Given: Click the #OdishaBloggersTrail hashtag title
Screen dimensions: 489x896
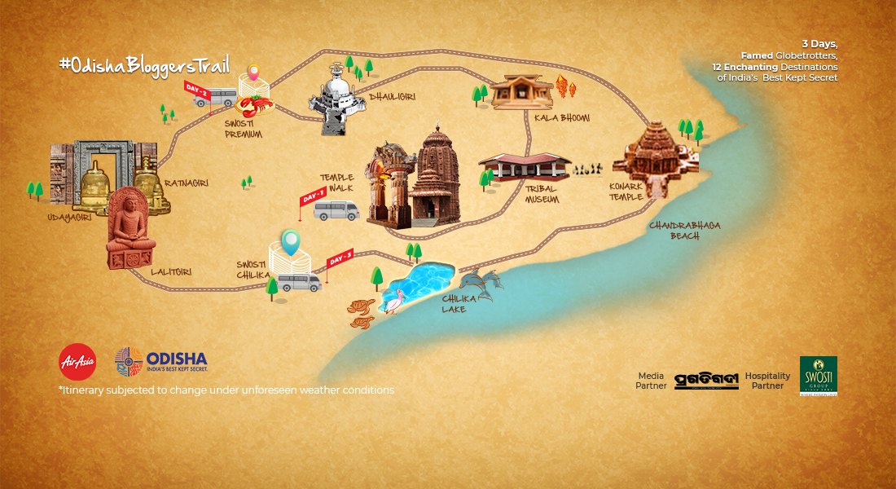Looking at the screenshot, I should pyautogui.click(x=144, y=65).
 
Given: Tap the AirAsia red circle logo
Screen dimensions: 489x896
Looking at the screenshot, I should pyautogui.click(x=77, y=362).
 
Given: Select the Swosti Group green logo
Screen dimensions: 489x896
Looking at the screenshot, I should pyautogui.click(x=818, y=375).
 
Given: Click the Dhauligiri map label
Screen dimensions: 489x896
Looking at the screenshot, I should pyautogui.click(x=393, y=97).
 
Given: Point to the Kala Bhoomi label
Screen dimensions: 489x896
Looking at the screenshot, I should pyautogui.click(x=561, y=118).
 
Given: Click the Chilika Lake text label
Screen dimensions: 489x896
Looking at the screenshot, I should pyautogui.click(x=454, y=304).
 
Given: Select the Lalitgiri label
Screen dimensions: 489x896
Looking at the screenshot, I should pyautogui.click(x=171, y=271).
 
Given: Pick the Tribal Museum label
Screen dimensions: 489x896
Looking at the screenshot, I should pyautogui.click(x=542, y=194).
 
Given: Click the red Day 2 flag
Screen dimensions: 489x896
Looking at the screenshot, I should pyautogui.click(x=198, y=92).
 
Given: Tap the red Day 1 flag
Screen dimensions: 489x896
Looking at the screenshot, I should pyautogui.click(x=314, y=198).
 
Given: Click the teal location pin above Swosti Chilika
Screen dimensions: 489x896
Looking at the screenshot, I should pyautogui.click(x=290, y=241).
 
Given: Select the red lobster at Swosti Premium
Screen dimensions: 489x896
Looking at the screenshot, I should pyautogui.click(x=255, y=106).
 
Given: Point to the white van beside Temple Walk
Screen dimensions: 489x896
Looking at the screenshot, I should pyautogui.click(x=336, y=211).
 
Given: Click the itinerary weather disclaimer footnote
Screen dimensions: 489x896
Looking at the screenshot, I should pyautogui.click(x=226, y=390).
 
